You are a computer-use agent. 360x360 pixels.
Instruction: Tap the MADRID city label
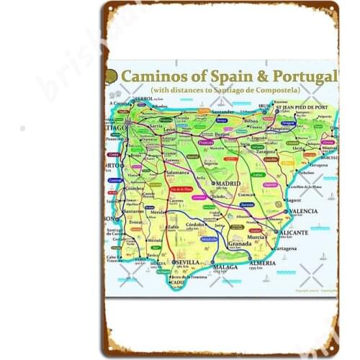(x=227, y=184)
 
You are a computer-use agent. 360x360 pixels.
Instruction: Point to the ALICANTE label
(x=295, y=233)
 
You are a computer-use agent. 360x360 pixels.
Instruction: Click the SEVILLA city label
(x=189, y=262)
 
